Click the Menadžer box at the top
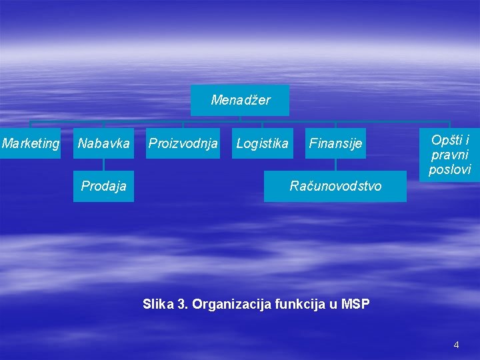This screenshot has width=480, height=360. tap(240, 100)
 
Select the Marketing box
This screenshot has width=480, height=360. tap(30, 143)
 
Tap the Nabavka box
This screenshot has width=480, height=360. tap(103, 143)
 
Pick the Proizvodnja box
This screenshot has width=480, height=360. tap(183, 143)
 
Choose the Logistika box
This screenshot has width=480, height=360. tap(262, 143)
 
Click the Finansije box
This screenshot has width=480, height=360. tap(335, 143)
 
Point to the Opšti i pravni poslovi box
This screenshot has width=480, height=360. tap(450, 155)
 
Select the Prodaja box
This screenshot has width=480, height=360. tap(103, 186)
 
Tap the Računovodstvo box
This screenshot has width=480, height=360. tap(335, 186)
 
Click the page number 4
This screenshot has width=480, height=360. tap(456, 345)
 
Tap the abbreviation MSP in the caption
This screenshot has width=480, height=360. tap(355, 305)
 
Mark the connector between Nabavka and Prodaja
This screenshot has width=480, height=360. tap(103, 165)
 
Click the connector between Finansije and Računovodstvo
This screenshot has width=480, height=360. tap(335, 165)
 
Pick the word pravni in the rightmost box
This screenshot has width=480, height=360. tap(450, 155)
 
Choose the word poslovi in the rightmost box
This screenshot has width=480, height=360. tap(450, 169)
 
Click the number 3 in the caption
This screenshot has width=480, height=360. tap(181, 305)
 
